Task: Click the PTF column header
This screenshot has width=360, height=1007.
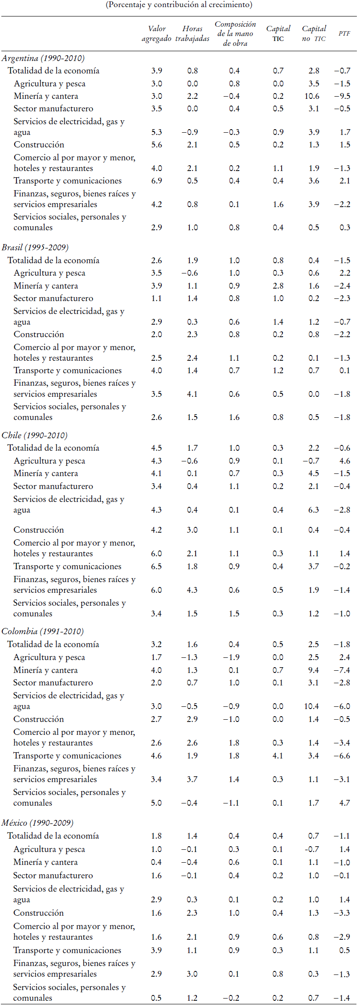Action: coord(344,33)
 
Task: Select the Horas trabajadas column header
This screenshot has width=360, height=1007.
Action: coord(192,33)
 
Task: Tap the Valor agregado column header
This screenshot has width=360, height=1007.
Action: coord(156,33)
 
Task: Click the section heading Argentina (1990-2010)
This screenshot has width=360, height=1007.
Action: coord(43,58)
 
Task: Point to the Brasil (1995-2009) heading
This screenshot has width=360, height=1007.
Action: coord(35,248)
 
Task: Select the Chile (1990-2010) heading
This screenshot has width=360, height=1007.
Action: coord(34,436)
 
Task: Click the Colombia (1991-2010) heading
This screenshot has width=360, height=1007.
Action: coord(42,632)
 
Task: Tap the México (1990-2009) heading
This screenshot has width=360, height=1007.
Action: coord(37,823)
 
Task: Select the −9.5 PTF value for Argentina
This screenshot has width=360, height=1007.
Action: coord(342,96)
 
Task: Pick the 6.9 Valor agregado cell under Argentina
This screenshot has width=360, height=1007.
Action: coord(156,181)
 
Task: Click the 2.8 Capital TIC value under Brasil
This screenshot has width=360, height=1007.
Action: coord(278,286)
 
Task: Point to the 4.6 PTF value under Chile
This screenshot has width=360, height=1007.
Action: coord(344,461)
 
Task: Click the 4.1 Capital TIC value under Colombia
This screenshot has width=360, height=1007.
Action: coord(278,756)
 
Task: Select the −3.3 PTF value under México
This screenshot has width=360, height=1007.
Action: coord(342,913)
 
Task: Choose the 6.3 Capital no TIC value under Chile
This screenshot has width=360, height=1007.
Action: coord(314,510)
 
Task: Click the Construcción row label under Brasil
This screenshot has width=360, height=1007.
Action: coord(39,334)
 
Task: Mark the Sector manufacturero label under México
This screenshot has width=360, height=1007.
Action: coord(53,876)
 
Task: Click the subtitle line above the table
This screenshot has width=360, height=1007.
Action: coord(179,5)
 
